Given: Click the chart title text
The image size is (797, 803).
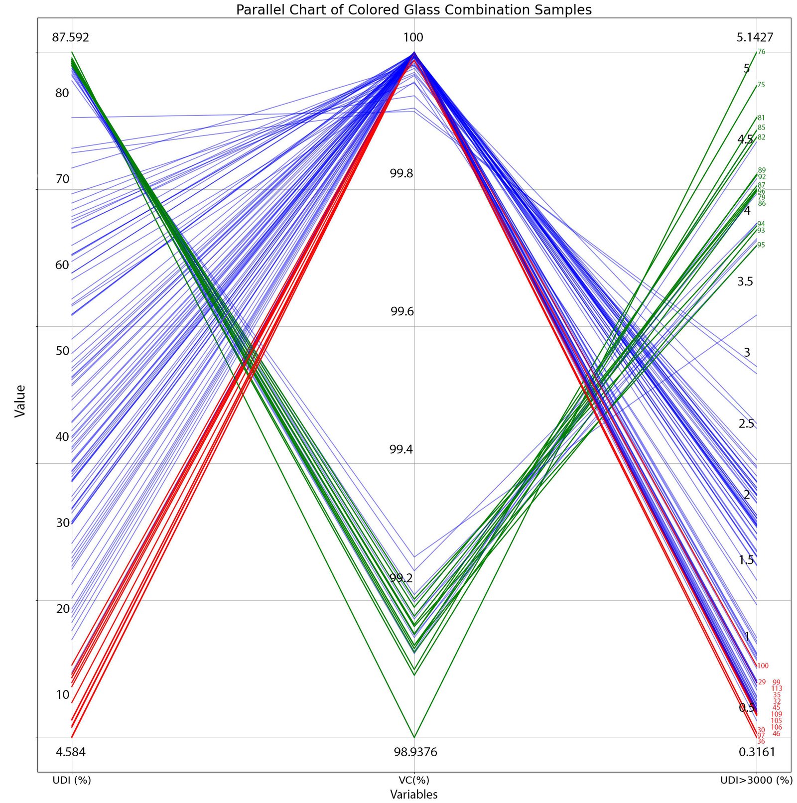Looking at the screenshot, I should click(413, 10).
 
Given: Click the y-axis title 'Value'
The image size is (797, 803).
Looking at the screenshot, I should click(20, 401).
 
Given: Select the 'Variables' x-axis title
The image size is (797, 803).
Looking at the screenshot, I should click(413, 794).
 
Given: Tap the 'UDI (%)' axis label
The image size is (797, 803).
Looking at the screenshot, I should click(72, 780).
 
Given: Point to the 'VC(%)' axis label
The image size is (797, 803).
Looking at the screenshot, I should click(414, 780).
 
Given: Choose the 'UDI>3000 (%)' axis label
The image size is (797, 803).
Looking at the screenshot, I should click(756, 780).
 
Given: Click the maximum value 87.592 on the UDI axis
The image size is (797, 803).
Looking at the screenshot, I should click(71, 37).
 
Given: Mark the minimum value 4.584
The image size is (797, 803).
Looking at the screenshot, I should click(71, 752).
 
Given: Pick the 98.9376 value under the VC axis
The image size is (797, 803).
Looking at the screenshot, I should click(415, 752).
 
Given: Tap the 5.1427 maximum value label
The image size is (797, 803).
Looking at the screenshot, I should click(755, 37).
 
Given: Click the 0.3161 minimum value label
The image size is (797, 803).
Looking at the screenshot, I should click(757, 752).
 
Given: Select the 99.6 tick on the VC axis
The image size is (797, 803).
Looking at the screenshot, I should click(402, 312).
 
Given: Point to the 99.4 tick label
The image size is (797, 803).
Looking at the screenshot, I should click(401, 450).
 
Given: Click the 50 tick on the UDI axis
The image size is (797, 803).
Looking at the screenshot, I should click(63, 351).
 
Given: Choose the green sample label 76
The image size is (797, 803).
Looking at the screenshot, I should click(761, 52).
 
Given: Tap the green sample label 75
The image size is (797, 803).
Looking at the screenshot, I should click(761, 85).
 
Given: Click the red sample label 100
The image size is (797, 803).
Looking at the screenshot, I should click(763, 666).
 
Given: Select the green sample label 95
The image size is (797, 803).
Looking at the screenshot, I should click(761, 245).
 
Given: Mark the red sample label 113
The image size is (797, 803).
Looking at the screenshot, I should click(777, 689).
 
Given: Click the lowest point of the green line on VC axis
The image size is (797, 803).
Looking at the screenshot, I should click(414, 737).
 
